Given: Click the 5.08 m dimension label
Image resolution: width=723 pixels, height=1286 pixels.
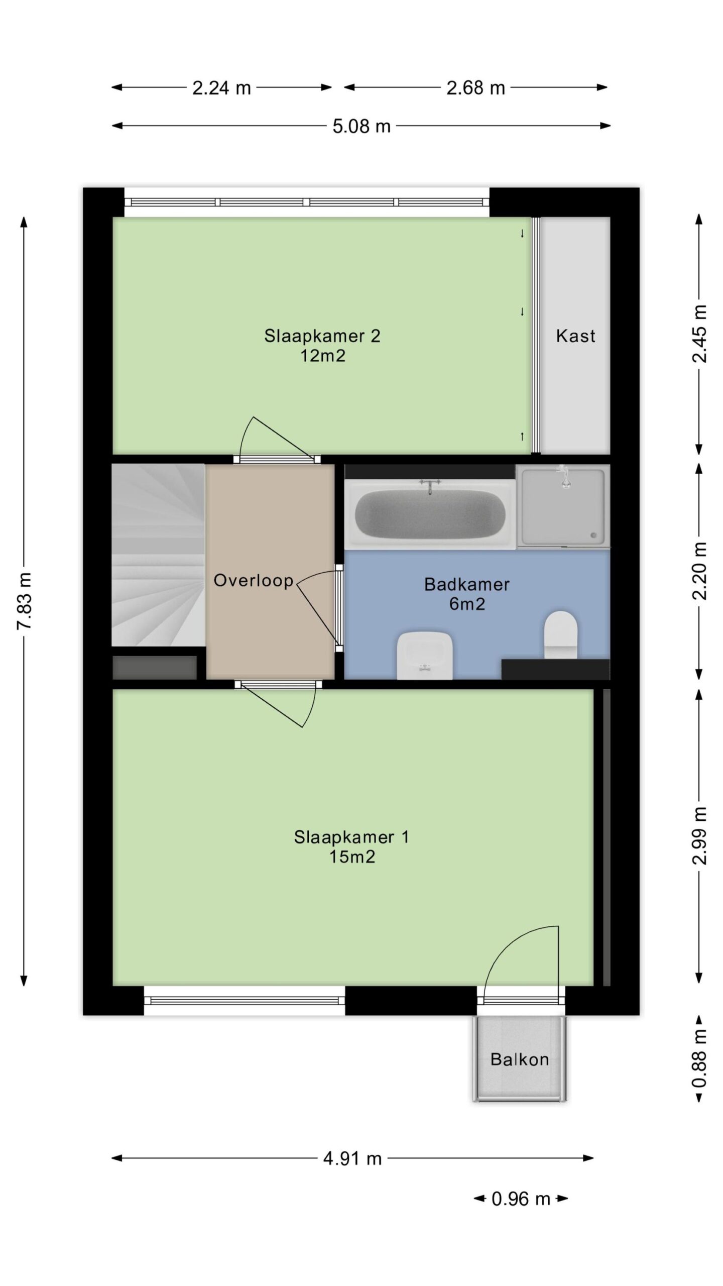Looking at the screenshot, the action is [x=361, y=126].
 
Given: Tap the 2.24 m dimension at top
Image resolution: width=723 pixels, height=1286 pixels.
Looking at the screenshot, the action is [x=221, y=88].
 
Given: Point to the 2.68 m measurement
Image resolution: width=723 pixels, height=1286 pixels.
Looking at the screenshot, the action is [x=475, y=88].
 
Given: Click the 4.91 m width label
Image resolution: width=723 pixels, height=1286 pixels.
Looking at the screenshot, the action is [x=352, y=1158].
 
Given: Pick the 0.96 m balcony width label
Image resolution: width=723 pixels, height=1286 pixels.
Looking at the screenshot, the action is [x=521, y=1199].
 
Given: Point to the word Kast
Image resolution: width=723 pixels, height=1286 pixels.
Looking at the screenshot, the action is [x=575, y=336].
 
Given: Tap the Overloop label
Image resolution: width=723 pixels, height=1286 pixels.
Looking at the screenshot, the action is [x=254, y=581].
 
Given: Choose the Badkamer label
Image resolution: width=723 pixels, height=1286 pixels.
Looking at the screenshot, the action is [x=467, y=584].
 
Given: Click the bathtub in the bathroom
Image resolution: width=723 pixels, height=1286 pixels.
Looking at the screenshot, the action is [x=430, y=513].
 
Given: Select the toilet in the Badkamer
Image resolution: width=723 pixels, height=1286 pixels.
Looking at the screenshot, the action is [x=561, y=634].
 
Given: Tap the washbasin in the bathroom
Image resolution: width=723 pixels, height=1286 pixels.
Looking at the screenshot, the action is [x=425, y=656].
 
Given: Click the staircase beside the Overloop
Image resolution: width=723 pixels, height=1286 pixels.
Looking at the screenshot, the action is [x=158, y=555].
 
